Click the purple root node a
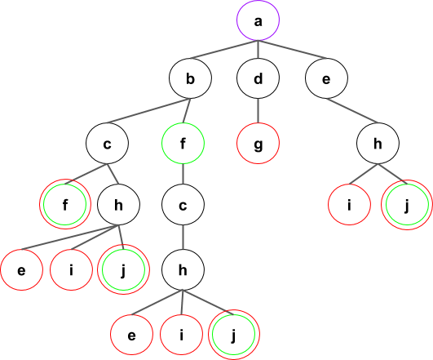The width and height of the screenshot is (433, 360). tap(258, 20)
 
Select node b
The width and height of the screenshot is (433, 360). tap(191, 78)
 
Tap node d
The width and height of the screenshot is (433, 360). tap(258, 78)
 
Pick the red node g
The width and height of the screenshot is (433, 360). tap(258, 143)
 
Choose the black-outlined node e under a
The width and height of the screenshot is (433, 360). tap(326, 78)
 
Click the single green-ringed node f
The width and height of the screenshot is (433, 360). tap(183, 143)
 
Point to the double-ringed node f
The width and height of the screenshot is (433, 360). tap(65, 204)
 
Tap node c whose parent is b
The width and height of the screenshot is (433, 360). tap(107, 143)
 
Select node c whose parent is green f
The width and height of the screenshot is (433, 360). tap(183, 205)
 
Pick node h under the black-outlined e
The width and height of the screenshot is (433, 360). tap(378, 143)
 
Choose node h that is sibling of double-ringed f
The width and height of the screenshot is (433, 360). tap(118, 205)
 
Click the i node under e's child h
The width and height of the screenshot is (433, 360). tap(349, 205)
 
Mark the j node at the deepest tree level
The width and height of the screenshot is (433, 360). tap(233, 335)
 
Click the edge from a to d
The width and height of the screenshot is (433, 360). tap(258, 50)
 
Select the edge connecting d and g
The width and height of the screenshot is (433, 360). tap(258, 110)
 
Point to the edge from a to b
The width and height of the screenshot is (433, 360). tap(224, 50)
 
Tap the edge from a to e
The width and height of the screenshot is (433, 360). tap(293, 50)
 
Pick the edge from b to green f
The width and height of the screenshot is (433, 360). tap(187, 110)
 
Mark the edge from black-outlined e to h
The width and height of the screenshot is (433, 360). tap(352, 110)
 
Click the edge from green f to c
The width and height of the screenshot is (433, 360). tap(183, 174)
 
